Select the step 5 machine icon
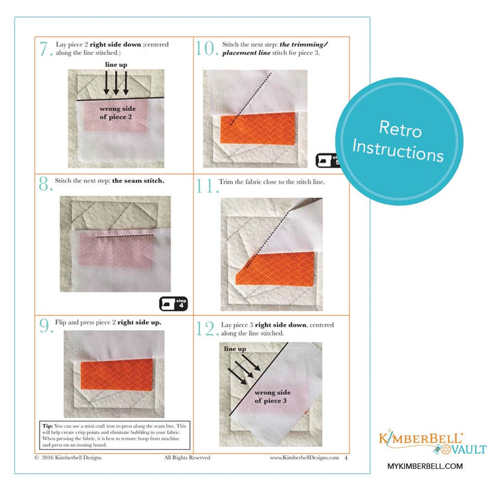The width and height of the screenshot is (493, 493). [x=327, y=161]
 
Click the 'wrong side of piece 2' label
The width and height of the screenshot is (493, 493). [x=116, y=112]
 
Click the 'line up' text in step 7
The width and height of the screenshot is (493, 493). [x=117, y=64]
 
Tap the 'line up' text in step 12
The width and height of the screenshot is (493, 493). [x=236, y=349]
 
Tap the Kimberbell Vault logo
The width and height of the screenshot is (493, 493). [x=432, y=444]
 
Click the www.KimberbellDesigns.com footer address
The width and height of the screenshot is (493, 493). [x=304, y=457]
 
